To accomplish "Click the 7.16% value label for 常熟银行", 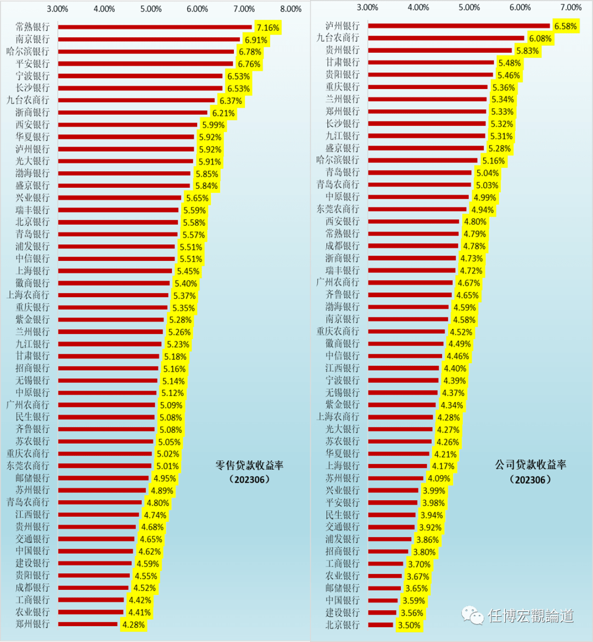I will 268,27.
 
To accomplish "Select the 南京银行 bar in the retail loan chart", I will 149,40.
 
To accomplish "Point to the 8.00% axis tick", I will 290,9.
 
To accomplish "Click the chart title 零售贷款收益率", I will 249,466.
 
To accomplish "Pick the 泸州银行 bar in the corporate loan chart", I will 458,26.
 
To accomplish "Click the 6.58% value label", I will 566,26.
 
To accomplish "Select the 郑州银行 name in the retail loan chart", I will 33,624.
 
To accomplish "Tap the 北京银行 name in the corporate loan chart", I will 343,624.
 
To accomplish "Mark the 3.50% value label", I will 409,625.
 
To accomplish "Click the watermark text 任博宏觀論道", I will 531,616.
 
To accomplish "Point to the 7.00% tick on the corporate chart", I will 571,7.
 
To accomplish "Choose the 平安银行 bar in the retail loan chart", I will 146,64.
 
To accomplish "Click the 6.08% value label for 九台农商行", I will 540,38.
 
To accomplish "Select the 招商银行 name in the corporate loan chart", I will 343,551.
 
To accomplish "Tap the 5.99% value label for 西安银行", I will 213,125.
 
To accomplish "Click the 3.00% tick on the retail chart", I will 58,9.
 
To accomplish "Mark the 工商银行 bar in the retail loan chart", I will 91,600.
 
